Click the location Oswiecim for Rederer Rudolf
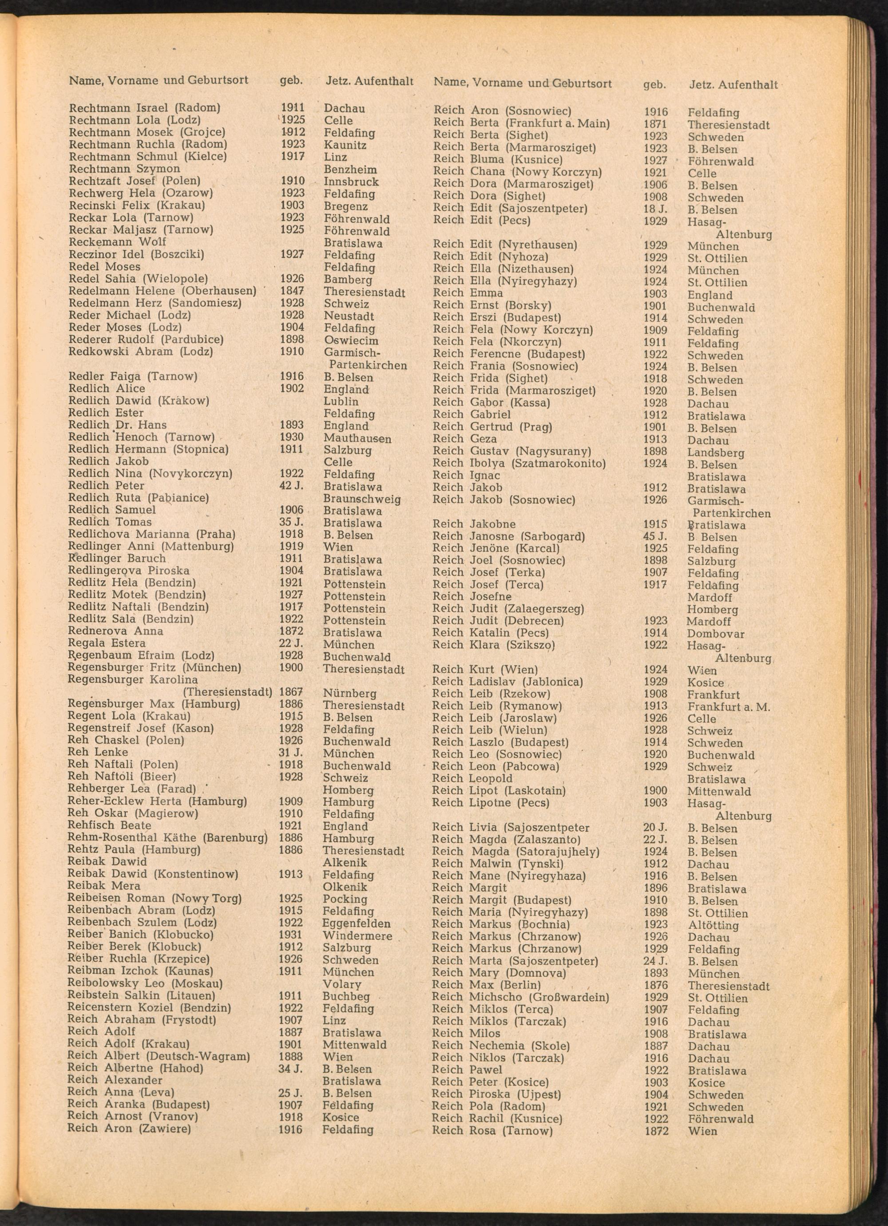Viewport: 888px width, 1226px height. [x=350, y=341]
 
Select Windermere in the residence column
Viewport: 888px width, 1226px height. [x=357, y=936]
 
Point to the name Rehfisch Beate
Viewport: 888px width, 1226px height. [x=109, y=825]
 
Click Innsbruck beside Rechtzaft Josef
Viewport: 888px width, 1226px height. [x=351, y=181]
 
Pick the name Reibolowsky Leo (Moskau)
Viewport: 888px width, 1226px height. [x=145, y=984]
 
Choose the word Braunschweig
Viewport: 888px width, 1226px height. [x=362, y=498]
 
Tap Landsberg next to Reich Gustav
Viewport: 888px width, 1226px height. [x=715, y=453]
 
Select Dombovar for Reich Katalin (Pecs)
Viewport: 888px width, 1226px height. [x=715, y=634]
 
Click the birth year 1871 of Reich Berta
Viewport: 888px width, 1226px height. [x=655, y=124]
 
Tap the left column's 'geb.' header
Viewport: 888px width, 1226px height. [x=291, y=81]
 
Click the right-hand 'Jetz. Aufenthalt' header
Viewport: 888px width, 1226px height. [x=733, y=84]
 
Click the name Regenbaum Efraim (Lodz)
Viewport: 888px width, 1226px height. [x=141, y=656]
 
